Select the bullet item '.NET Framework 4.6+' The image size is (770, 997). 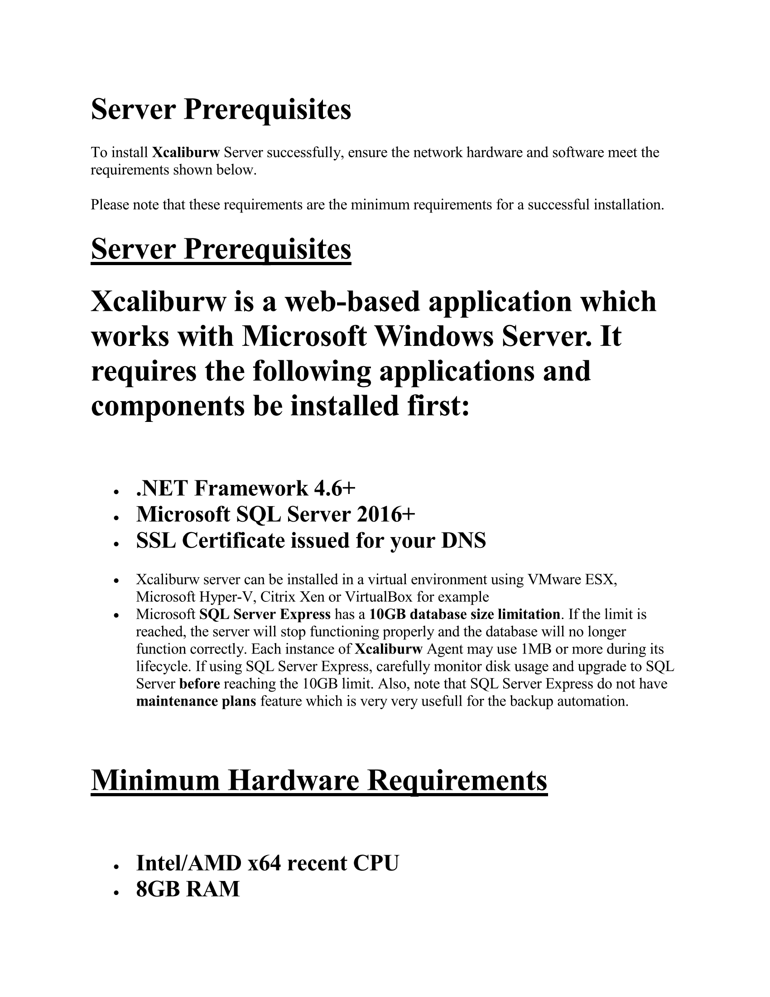245,489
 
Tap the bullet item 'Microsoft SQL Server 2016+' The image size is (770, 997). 275,514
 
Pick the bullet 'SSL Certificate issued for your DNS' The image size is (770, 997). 311,541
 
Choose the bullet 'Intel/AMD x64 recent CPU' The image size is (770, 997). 267,863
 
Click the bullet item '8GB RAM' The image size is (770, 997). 188,889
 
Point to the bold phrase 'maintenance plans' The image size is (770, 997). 196,701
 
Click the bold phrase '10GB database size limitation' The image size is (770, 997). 464,615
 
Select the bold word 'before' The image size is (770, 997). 200,684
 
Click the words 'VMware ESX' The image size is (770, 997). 572,580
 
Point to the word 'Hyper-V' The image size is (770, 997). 225,597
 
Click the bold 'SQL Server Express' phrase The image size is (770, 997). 265,615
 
